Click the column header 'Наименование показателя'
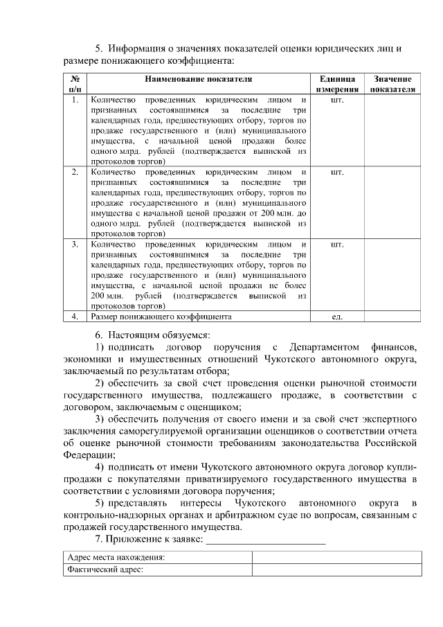point(199,80)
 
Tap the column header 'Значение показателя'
point(392,84)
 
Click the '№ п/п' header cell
point(75,84)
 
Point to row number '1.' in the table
point(75,100)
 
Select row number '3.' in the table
point(75,245)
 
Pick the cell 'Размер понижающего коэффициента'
point(161,317)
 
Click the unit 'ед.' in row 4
point(338,317)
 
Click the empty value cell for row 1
point(392,130)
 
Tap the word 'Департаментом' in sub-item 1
point(330,346)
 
